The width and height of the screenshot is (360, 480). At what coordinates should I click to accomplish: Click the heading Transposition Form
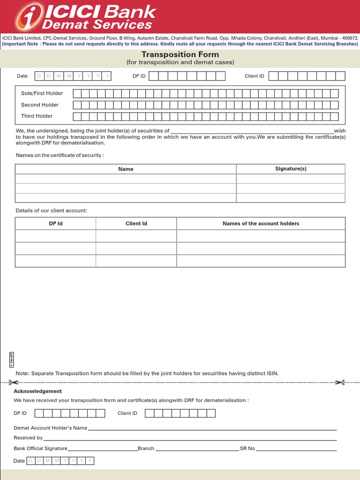180,54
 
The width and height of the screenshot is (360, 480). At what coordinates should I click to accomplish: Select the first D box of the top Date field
39,76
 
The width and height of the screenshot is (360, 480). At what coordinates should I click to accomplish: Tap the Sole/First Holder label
42,93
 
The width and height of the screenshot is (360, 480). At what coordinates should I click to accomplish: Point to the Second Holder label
40,105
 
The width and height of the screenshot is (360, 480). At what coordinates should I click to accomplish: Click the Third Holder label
37,116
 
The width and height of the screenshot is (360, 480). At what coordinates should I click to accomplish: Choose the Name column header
126,169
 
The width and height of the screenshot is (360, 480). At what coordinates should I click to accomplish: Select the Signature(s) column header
291,169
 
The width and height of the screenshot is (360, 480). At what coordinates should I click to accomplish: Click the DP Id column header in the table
56,224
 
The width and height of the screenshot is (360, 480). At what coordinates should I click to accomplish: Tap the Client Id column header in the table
136,224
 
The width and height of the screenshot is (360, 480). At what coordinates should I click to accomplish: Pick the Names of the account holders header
261,224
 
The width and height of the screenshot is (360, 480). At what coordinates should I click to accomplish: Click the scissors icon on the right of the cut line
340,382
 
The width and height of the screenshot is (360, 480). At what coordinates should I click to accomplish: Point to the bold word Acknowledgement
37,391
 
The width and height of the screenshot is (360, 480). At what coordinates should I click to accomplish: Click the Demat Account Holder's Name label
51,428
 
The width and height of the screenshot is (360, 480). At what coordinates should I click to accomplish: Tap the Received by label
28,438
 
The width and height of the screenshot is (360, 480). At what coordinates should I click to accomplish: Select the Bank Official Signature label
41,449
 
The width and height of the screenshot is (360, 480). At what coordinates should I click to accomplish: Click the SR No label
247,449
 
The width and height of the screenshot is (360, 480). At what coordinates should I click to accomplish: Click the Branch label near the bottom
146,449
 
